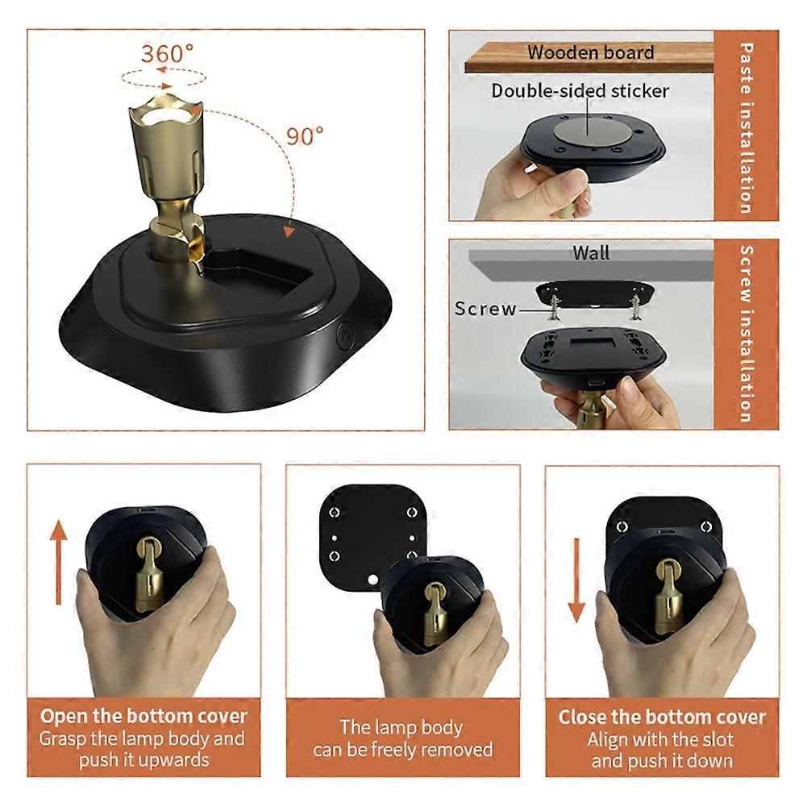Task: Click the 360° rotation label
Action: click(168, 54)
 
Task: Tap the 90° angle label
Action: click(305, 136)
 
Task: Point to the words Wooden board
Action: click(591, 53)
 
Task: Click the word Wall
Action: click(591, 253)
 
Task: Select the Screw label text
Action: click(485, 309)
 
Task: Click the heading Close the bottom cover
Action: click(662, 717)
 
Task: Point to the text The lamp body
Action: click(401, 727)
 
